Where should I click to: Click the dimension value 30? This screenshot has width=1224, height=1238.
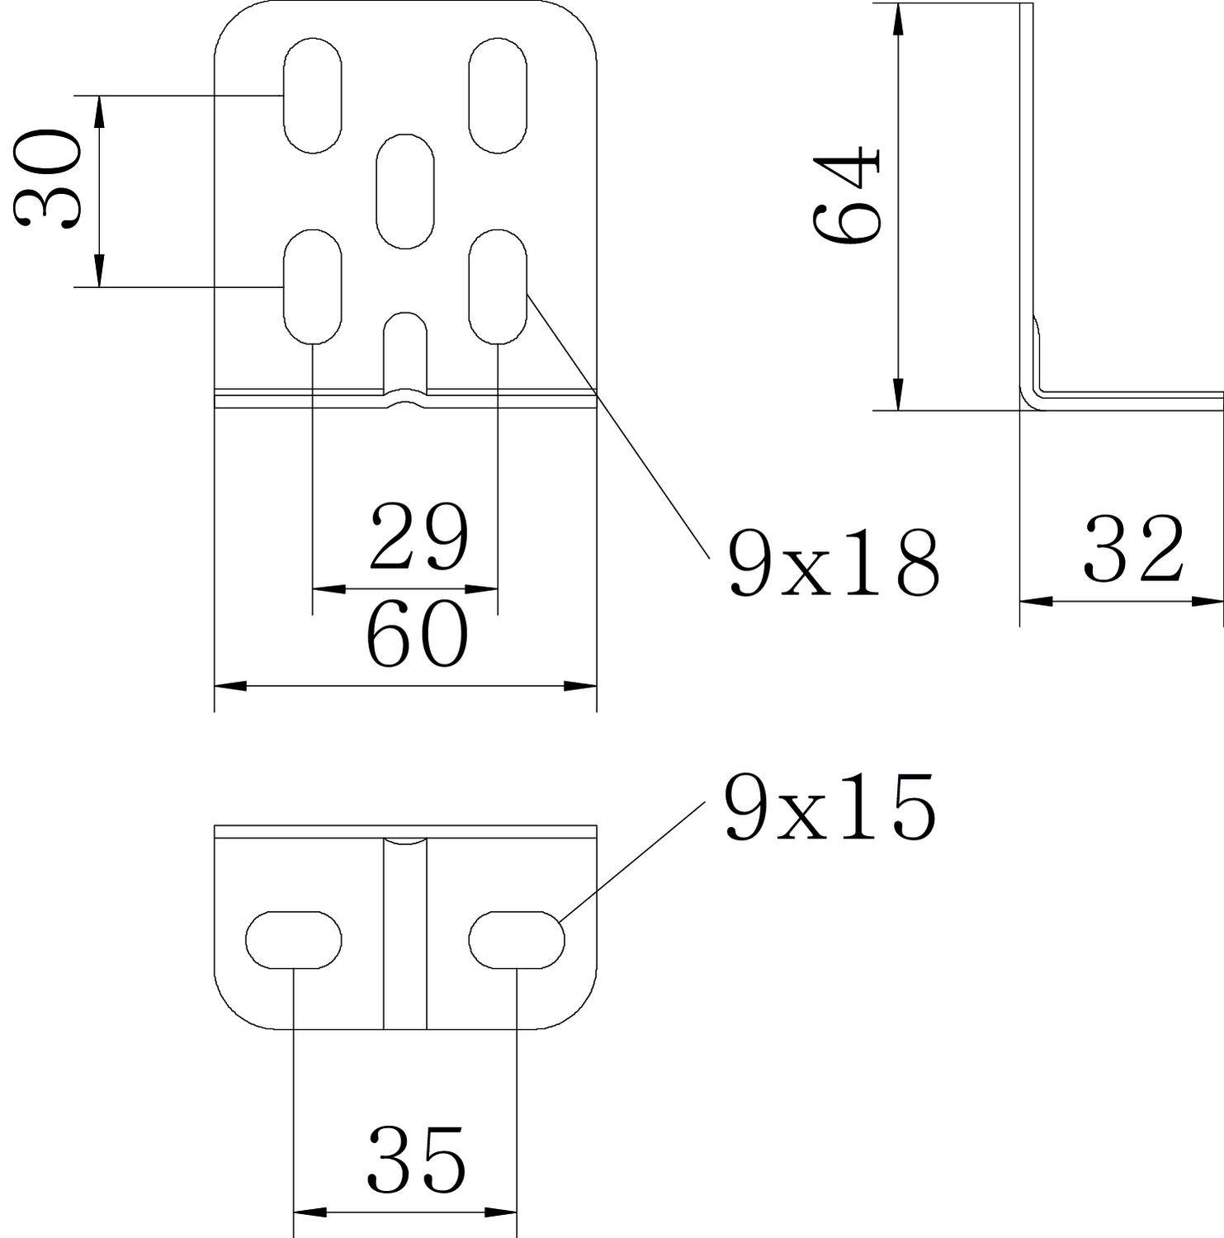47,178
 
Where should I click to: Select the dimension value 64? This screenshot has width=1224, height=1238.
847,195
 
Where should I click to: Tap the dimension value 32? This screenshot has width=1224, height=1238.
1133,548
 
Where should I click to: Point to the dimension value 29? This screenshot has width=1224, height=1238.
418,537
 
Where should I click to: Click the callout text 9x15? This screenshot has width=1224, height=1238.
830,806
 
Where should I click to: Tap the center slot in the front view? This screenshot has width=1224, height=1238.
405,191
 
